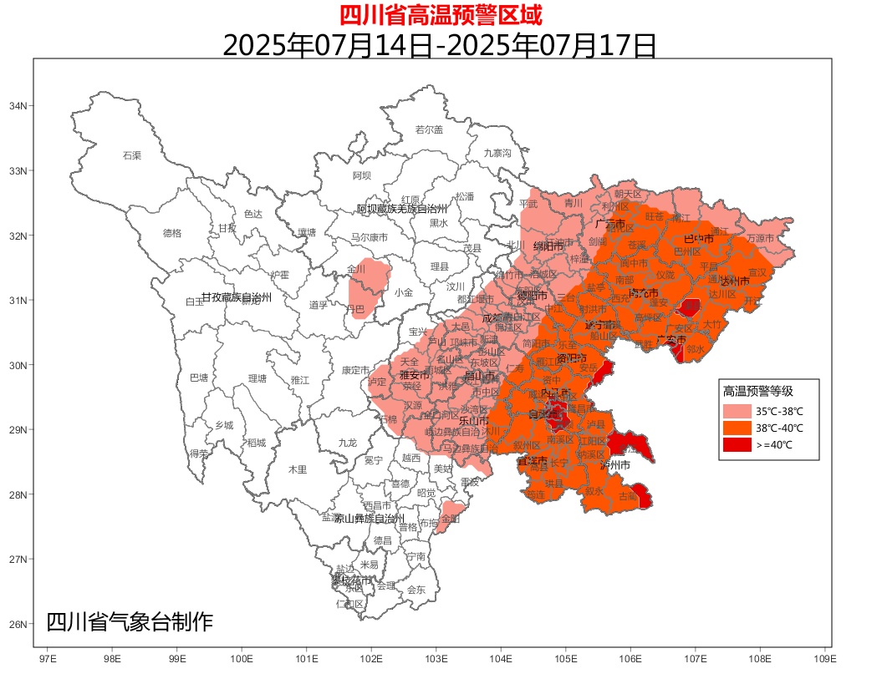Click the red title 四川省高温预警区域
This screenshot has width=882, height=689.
pos(441,15)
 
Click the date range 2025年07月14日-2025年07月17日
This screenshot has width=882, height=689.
pos(440,44)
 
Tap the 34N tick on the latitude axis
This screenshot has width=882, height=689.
pos(19,106)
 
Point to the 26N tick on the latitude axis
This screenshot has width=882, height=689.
pos(19,624)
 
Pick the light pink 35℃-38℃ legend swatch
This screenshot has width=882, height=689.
pos(737,411)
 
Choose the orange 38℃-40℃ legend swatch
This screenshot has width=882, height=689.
pos(737,428)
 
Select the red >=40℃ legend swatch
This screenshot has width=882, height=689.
pos(737,445)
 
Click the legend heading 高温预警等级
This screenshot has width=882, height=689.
pos(757,391)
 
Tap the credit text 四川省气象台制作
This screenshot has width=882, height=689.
pos(130,622)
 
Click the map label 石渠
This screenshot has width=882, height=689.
pos(132,155)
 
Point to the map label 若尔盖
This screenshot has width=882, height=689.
pos(429,129)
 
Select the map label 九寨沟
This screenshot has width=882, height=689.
pos(497,153)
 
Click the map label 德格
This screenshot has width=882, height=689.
pos(171,233)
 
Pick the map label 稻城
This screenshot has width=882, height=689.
pos(257,443)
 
